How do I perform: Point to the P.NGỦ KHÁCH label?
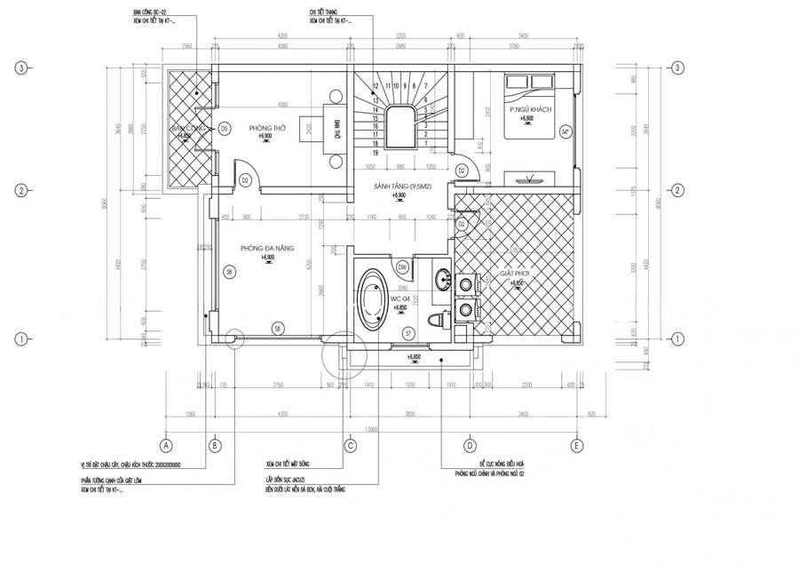[530, 108]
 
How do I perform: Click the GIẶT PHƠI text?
[514, 274]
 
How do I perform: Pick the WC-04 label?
[399, 299]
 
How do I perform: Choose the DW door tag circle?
[402, 266]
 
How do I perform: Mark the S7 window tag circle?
[407, 333]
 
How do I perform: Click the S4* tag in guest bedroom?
[565, 131]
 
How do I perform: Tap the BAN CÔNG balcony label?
[188, 129]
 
